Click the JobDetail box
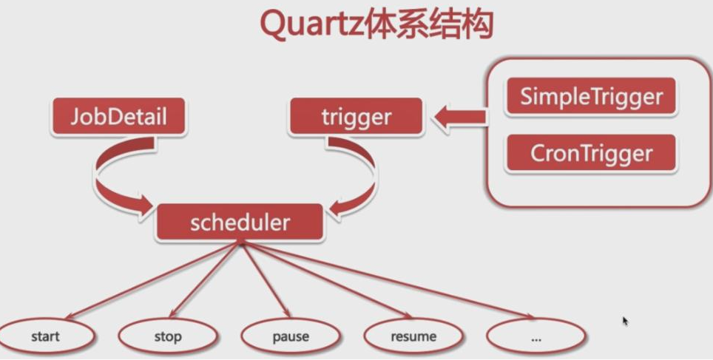point(118,117)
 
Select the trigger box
point(356,117)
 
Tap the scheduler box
point(240,223)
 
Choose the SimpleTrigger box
point(591,97)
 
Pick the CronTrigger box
point(591,153)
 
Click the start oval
point(45,337)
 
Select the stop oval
point(167,337)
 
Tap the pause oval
point(291,337)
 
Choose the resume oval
point(413,337)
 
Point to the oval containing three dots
point(535,337)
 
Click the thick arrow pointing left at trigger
point(459,117)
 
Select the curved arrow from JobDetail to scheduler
point(111,177)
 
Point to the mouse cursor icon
point(625,321)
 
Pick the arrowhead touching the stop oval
point(169,314)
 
